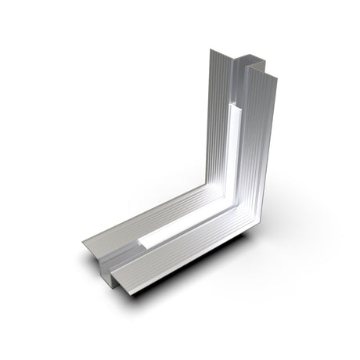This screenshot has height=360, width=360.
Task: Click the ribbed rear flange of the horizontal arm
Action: [157, 223]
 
